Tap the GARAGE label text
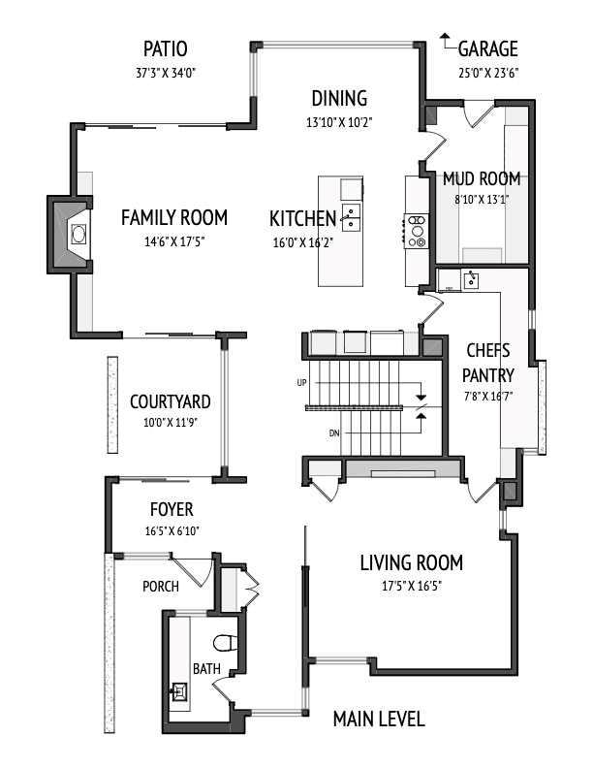tap(487, 49)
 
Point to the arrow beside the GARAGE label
tap(445, 41)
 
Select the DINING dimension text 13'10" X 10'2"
tap(338, 123)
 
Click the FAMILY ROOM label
tap(174, 217)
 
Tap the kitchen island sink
tap(351, 215)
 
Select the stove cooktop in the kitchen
tap(418, 231)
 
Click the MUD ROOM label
tap(481, 178)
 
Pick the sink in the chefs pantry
tap(471, 280)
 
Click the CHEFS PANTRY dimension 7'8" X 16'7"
tap(486, 396)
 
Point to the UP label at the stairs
tap(300, 384)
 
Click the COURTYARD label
tap(170, 401)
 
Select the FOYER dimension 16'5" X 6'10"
tap(171, 530)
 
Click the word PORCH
tap(161, 587)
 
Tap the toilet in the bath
tap(225, 641)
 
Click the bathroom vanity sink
tap(179, 691)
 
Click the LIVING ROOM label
tap(411, 562)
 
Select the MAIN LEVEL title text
tap(378, 719)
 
